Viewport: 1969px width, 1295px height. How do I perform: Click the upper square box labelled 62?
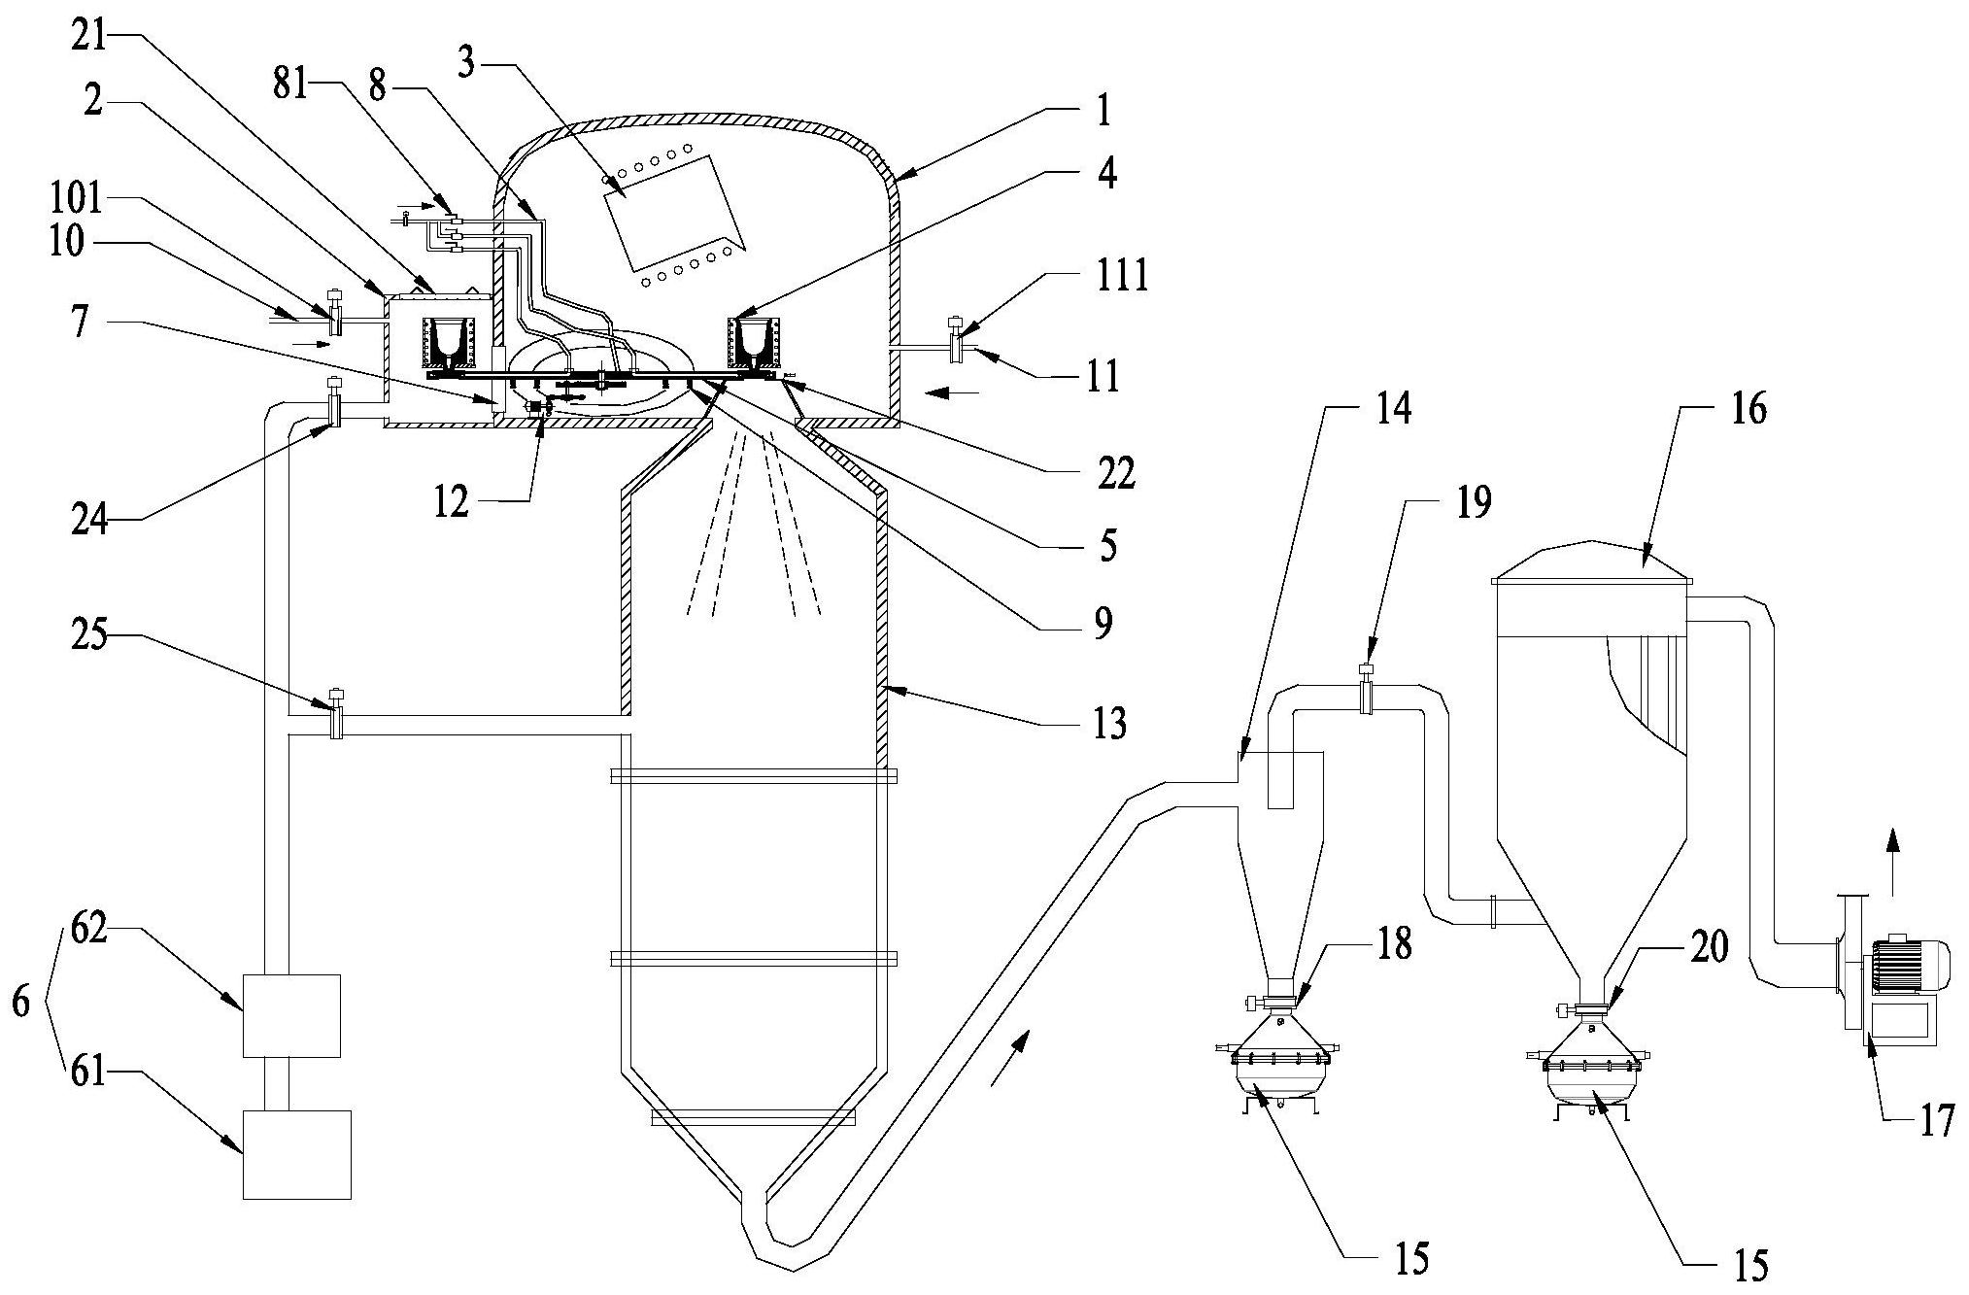click(x=291, y=1015)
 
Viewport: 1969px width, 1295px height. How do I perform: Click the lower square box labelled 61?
click(x=296, y=1154)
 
